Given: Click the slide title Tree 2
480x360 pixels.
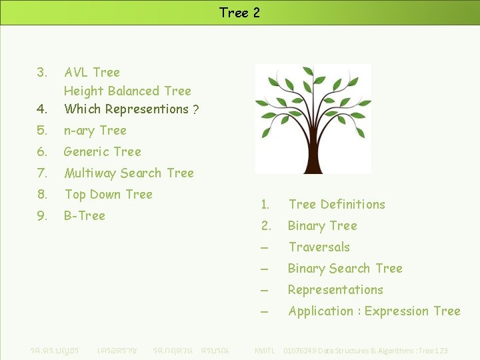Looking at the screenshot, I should tap(239, 13).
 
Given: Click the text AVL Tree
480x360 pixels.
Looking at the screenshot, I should tap(92, 72).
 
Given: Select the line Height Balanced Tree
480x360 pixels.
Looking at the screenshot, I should tap(127, 91).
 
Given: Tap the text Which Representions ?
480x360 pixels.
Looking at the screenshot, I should tap(131, 109).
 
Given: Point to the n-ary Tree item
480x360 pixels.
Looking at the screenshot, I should tap(95, 130).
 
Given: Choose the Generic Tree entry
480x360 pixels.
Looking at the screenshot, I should tap(103, 151).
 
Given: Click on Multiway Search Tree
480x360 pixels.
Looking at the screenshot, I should tap(129, 173).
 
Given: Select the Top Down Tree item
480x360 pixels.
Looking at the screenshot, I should tap(108, 194).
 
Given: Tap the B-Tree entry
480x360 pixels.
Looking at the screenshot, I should tap(85, 215).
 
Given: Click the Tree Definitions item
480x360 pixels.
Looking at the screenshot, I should tap(337, 204).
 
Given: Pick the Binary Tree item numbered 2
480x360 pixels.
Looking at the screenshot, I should tap(323, 225).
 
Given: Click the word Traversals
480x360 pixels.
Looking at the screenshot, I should tap(319, 247).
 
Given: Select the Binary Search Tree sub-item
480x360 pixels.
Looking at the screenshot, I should tap(345, 268).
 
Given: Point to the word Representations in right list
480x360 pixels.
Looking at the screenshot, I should tap(335, 289).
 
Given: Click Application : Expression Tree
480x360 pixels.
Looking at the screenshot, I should tap(374, 311).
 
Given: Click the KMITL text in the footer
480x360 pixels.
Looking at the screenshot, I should tap(265, 351).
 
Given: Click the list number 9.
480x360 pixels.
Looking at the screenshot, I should tap(42, 215).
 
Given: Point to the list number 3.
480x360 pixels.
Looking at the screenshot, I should tap(42, 72).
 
